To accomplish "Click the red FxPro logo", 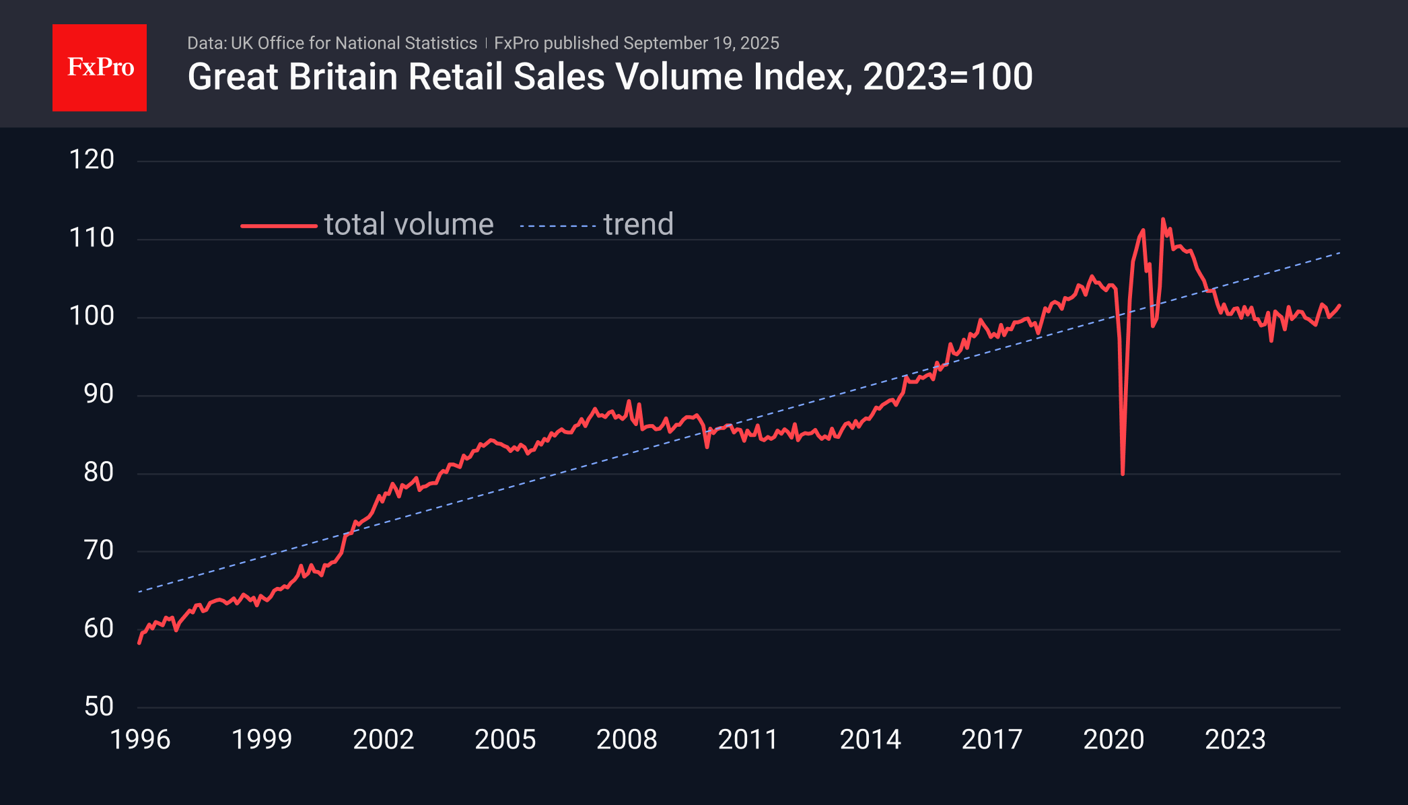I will [x=100, y=67].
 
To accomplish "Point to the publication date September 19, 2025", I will [x=701, y=43].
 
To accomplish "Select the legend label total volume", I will [x=409, y=225].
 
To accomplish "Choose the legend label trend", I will [x=638, y=225].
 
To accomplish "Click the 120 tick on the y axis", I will [x=92, y=160].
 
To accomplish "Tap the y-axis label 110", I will [x=92, y=238].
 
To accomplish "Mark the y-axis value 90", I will [x=98, y=394].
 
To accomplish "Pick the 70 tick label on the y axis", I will [x=98, y=551].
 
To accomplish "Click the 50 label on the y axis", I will [x=98, y=707].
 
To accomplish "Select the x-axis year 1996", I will [x=140, y=740].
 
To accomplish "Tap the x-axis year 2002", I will [x=384, y=740].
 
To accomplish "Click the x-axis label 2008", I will [x=627, y=740].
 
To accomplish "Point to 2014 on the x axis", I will [x=870, y=740].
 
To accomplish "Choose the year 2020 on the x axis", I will [x=1113, y=740].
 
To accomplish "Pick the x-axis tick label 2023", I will [x=1235, y=740].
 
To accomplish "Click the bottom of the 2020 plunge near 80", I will [x=1123, y=473].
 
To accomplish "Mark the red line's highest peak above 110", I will [x=1162, y=219].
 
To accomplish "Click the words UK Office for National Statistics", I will [x=353, y=43].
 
